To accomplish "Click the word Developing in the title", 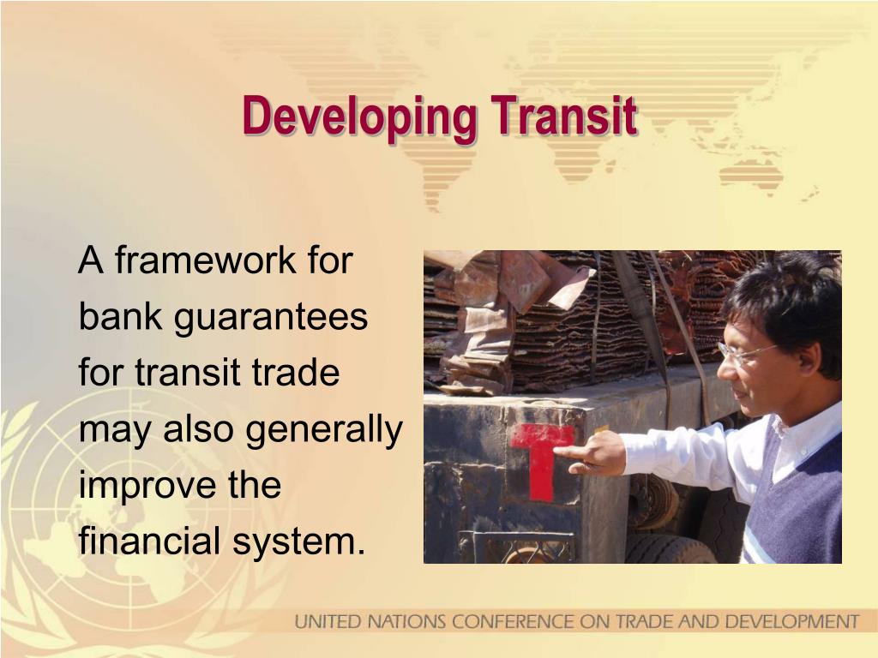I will pos(358,117).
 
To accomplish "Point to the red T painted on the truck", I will pos(540,458).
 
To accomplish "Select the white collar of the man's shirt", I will pos(802,428).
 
